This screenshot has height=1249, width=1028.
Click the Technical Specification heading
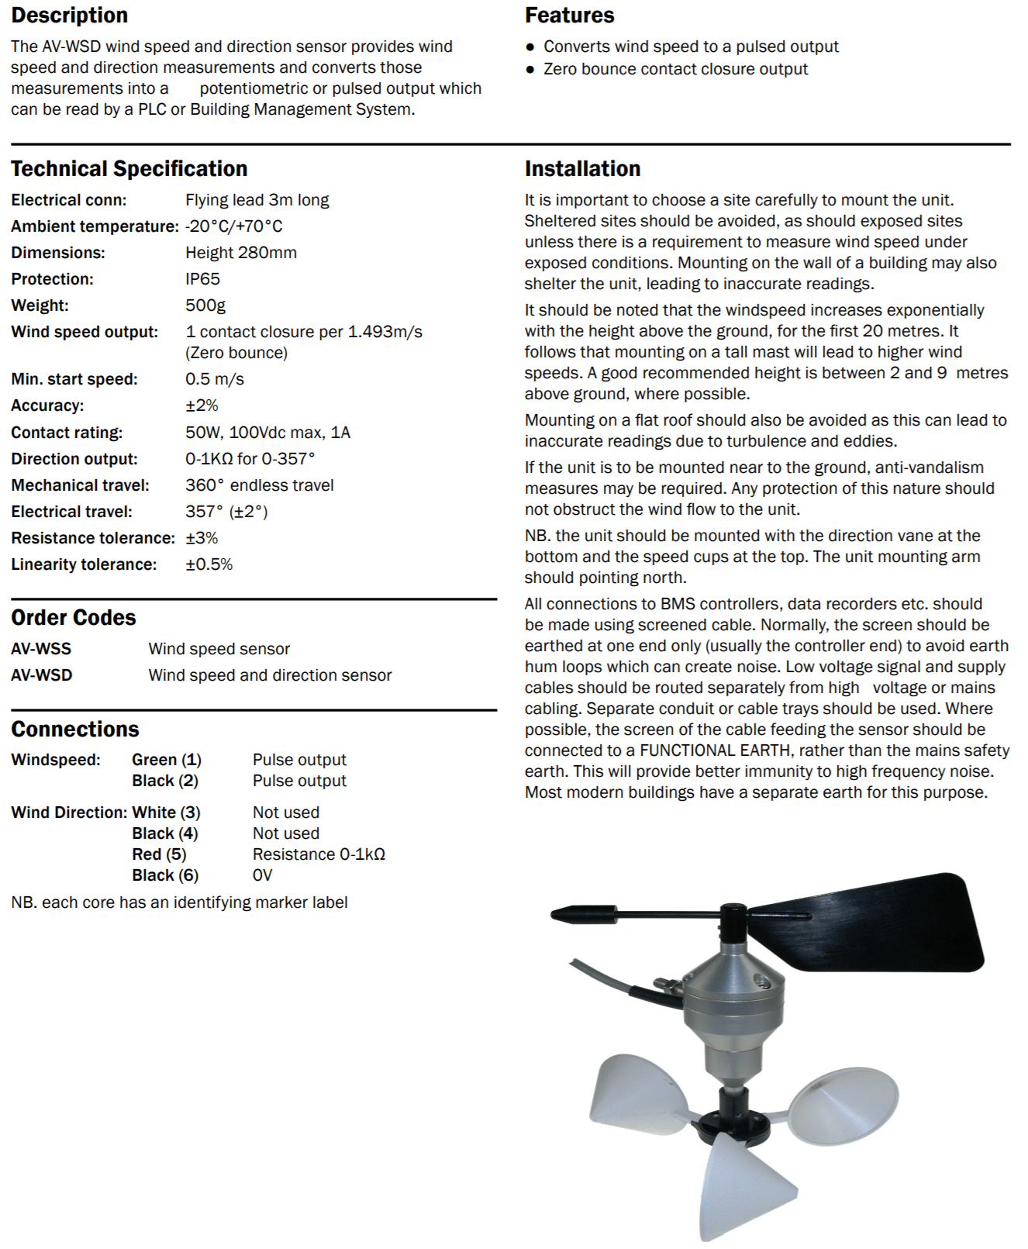(x=129, y=168)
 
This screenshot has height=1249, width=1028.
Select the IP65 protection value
(x=202, y=279)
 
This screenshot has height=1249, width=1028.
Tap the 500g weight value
(x=205, y=305)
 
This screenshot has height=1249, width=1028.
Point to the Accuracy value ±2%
(x=202, y=405)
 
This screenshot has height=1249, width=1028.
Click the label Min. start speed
(x=74, y=379)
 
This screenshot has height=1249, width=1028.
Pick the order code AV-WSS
(x=41, y=649)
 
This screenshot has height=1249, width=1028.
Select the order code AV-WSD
(x=42, y=675)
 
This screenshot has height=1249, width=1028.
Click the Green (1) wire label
(x=167, y=760)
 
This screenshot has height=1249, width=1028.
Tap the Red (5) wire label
(x=159, y=854)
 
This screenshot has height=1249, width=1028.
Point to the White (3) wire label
(x=166, y=813)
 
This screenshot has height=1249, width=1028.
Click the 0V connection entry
(x=263, y=875)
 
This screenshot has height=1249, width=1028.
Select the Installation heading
(x=582, y=168)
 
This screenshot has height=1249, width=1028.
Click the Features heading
(x=569, y=16)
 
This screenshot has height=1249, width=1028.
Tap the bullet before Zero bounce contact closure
(x=530, y=70)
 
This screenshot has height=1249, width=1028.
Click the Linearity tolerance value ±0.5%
(x=209, y=564)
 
